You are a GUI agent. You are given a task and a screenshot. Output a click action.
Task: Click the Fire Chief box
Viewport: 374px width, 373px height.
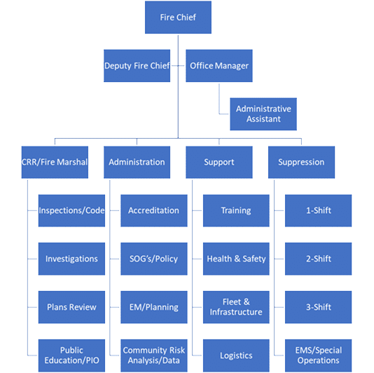[x=178, y=17]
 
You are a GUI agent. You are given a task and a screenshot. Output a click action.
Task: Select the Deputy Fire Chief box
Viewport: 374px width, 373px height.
[x=137, y=66]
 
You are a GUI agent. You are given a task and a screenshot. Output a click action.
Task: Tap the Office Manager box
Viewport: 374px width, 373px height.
[x=219, y=66]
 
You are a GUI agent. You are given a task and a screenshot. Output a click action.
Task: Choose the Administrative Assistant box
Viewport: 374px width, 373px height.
[x=263, y=114]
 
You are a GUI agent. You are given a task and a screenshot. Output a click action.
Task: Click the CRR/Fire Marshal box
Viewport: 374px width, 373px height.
[x=55, y=162]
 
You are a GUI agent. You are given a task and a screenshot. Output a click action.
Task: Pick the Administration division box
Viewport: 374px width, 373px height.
[x=137, y=162]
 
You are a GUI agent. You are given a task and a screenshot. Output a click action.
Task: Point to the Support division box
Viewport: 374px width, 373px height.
[x=219, y=162]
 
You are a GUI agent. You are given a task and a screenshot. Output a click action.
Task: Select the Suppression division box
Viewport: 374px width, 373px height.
[x=301, y=162]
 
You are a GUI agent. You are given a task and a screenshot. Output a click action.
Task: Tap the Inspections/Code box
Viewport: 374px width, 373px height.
[x=71, y=210]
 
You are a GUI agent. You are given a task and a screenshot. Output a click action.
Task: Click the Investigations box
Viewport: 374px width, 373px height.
[x=71, y=259]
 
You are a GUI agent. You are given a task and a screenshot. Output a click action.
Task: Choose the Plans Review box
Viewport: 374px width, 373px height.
[x=71, y=307]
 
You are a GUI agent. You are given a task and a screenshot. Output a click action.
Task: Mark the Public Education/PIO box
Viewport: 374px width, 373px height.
[x=71, y=355]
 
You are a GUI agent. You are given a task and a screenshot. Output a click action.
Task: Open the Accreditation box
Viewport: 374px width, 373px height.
[x=153, y=210]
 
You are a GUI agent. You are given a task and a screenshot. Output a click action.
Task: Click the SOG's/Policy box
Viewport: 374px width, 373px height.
[x=153, y=259]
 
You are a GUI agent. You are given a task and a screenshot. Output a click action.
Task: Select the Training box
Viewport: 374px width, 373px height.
[x=236, y=210]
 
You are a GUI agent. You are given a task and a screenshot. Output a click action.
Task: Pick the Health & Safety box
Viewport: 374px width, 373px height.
[x=236, y=259]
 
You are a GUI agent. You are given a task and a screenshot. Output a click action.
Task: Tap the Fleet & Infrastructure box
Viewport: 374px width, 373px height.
[x=236, y=307]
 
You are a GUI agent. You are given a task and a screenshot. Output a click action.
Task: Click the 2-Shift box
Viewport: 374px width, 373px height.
[x=318, y=259]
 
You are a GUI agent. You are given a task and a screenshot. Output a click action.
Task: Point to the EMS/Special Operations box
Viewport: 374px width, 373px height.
[x=318, y=355]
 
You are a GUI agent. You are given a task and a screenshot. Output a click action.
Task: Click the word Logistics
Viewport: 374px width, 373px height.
[x=236, y=355]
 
